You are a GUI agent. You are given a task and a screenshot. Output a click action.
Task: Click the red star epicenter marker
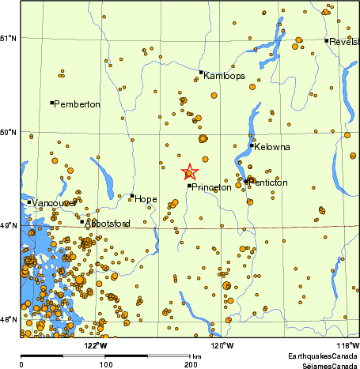(190, 172)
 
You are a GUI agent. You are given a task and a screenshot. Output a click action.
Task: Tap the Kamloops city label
(224, 77)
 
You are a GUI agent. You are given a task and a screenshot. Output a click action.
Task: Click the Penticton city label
(269, 183)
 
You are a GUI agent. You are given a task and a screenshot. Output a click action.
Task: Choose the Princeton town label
(211, 187)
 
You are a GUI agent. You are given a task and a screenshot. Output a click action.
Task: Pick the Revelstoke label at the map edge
(344, 42)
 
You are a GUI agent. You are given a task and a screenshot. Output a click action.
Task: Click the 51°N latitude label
(9, 38)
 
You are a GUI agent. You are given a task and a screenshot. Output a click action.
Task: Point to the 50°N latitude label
(9, 132)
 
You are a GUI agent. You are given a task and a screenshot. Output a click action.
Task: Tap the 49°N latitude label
(9, 226)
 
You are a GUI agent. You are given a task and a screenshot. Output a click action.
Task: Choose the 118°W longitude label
(347, 345)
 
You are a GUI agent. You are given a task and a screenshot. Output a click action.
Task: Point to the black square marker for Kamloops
(201, 72)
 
